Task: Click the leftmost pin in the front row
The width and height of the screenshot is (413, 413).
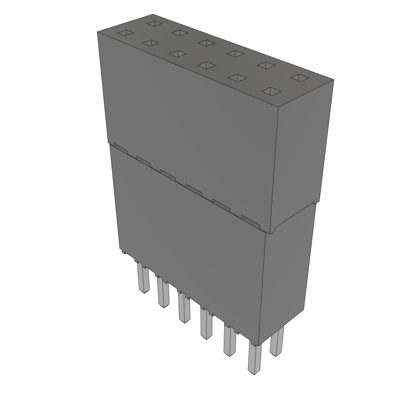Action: coord(143,278)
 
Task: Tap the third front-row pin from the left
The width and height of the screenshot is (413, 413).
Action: coord(184,309)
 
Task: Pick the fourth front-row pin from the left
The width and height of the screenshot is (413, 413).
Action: coord(206,325)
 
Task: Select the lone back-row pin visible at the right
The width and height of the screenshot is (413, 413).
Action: coord(277,341)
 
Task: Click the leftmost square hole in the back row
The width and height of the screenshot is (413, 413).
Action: coord(154,23)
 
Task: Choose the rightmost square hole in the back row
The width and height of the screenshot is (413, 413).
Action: coord(299,78)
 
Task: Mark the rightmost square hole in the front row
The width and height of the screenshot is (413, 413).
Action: coord(270,92)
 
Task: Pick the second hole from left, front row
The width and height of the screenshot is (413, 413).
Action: coord(150,43)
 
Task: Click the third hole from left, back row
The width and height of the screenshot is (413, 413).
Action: coord(206,42)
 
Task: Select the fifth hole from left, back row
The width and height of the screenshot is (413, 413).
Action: coord(265,65)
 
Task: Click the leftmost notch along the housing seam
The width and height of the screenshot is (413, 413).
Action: coord(121,148)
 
